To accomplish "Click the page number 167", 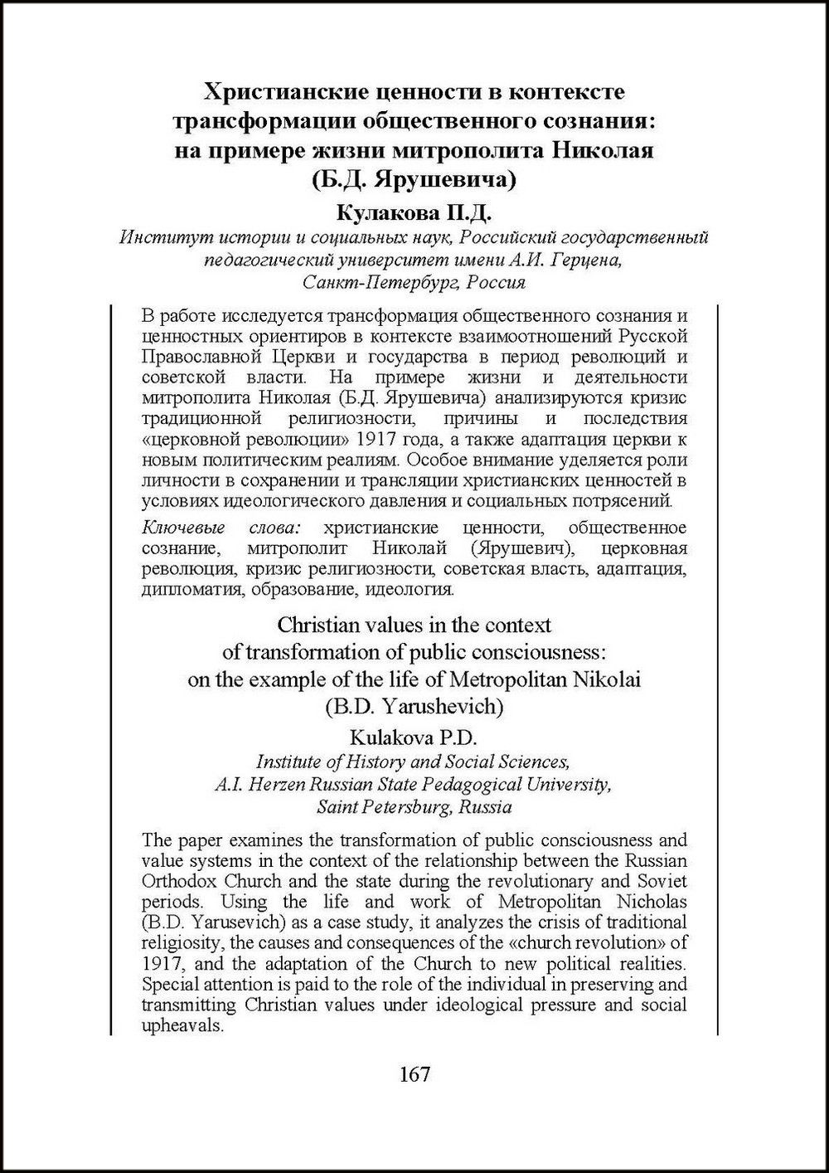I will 414,1074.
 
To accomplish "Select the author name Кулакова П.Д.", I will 414,214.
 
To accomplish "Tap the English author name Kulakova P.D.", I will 414,737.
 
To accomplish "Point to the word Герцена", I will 588,260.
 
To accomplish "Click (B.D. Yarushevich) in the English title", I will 414,706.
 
